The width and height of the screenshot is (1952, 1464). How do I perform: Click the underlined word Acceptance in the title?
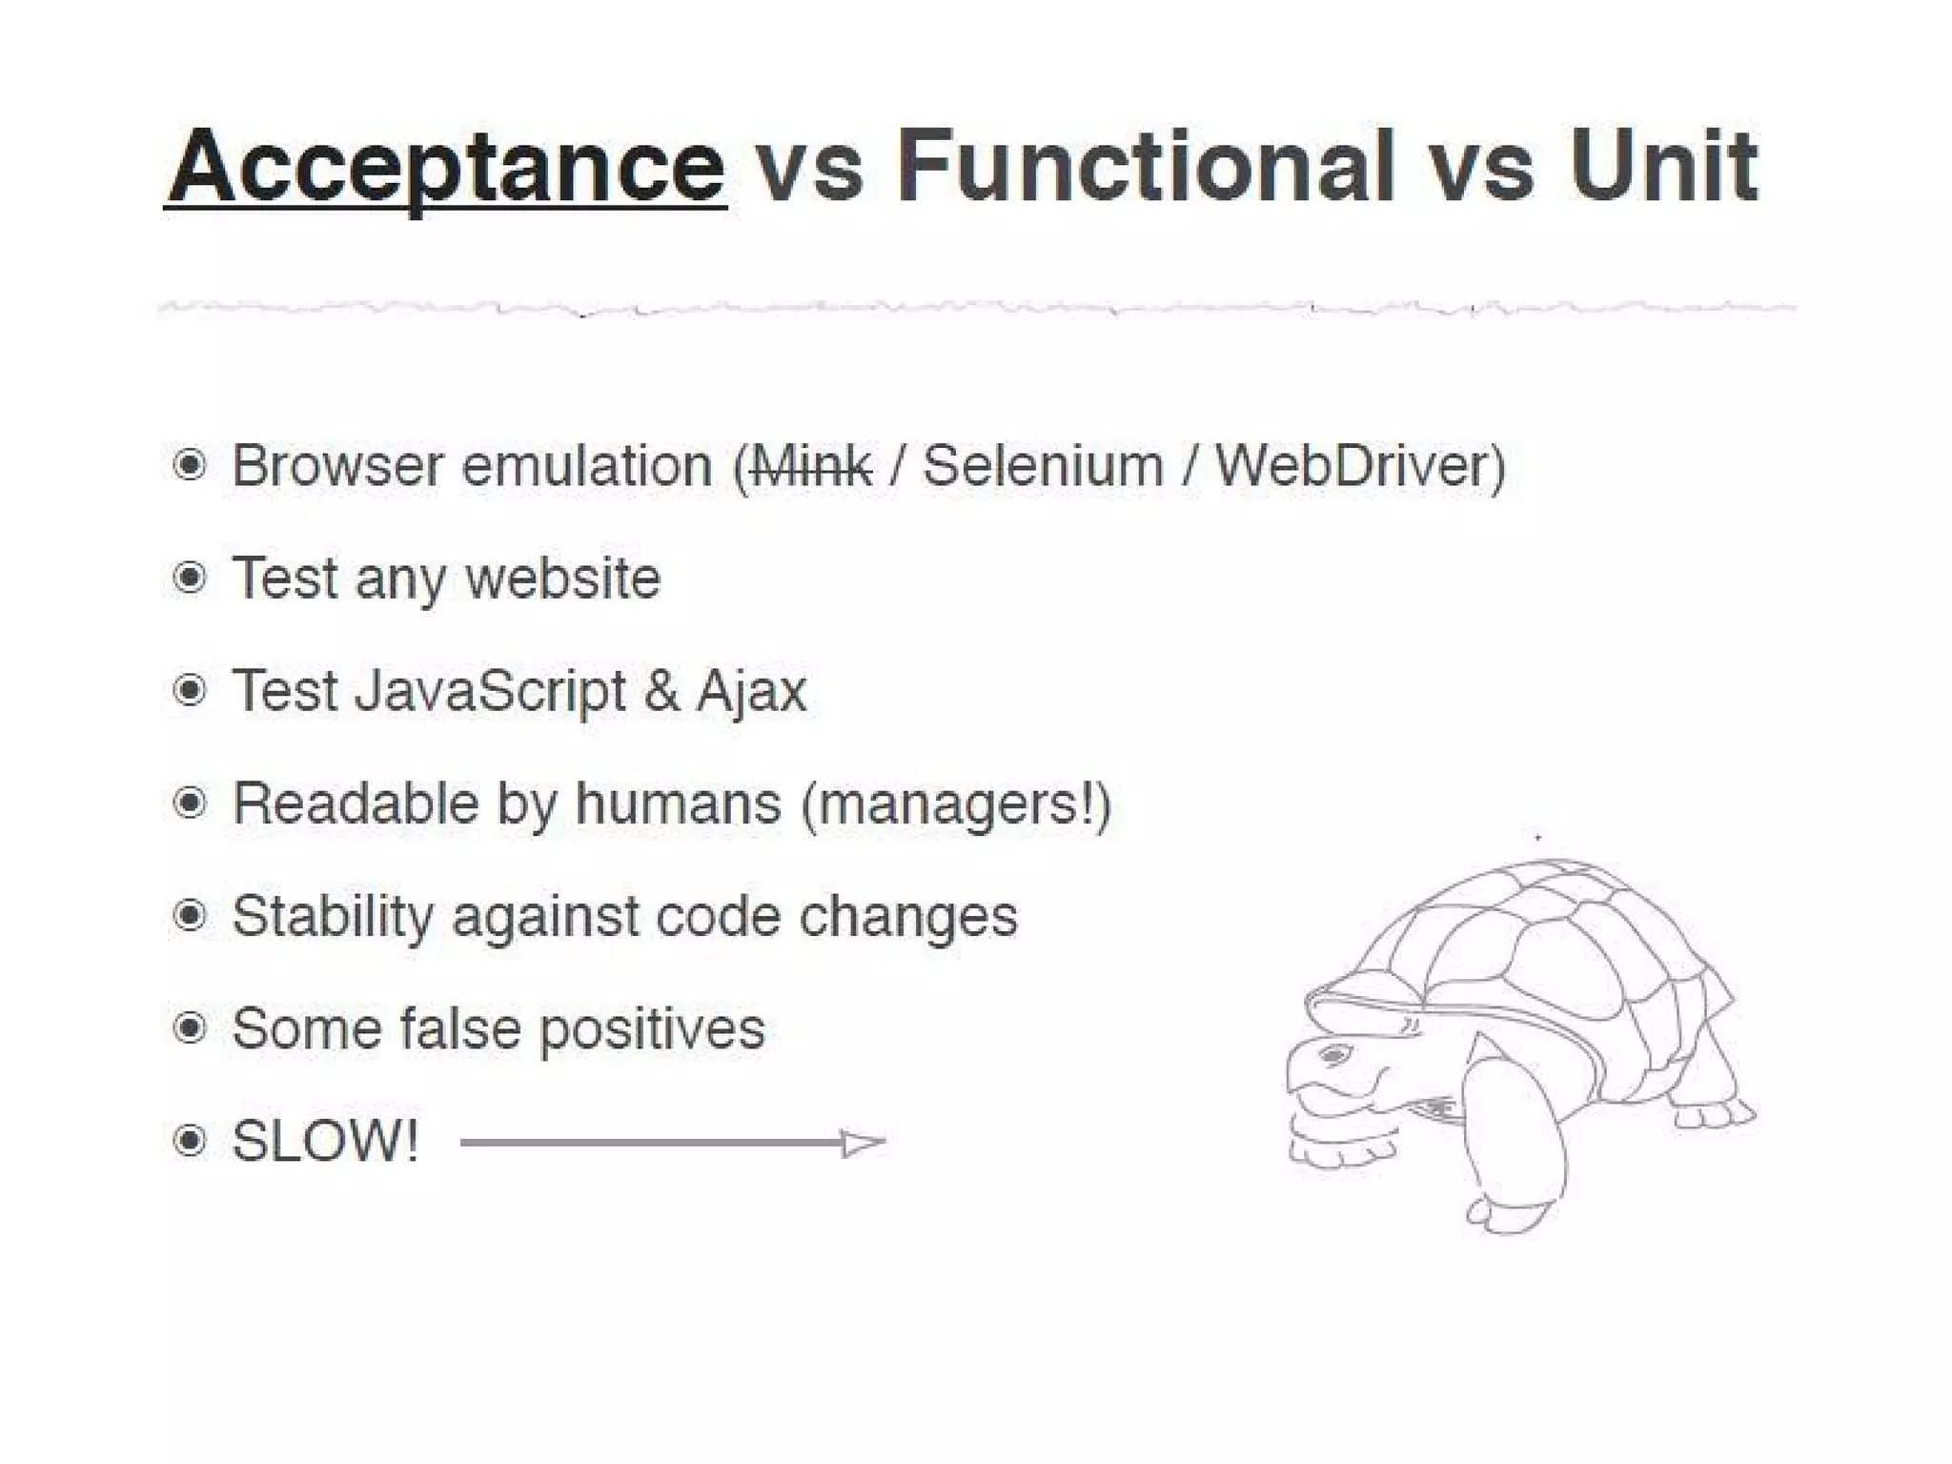click(x=446, y=167)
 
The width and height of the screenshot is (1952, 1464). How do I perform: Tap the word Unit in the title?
click(x=1663, y=167)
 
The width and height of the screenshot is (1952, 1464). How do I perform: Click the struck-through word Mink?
click(x=811, y=466)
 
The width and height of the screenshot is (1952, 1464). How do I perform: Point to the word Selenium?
click(x=1043, y=466)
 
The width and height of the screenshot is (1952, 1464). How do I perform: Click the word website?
click(x=563, y=579)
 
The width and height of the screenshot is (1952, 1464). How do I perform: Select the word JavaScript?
click(x=491, y=691)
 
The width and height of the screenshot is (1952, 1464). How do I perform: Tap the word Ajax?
click(x=752, y=691)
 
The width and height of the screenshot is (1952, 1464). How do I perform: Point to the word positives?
click(x=652, y=1029)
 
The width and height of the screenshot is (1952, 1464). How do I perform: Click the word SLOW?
click(x=325, y=1141)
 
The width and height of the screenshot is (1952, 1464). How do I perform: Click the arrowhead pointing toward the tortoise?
click(x=864, y=1142)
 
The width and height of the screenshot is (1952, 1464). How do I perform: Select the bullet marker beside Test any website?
click(x=190, y=578)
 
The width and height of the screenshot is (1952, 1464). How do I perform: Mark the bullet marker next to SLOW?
click(x=190, y=1141)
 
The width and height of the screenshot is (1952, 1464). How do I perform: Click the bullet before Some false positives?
click(x=190, y=1028)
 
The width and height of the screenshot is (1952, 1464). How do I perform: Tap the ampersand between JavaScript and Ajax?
click(x=661, y=691)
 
